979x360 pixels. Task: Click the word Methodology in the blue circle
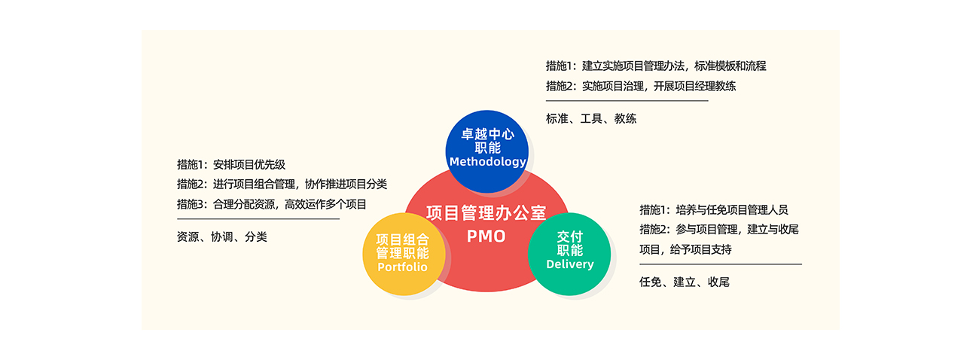tap(487, 162)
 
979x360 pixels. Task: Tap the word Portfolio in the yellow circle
tap(402, 267)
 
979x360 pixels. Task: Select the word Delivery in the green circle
tap(569, 264)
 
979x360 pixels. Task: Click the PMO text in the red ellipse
tap(486, 236)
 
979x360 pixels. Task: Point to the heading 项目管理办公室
tap(486, 213)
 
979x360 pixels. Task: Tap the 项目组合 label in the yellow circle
tap(402, 239)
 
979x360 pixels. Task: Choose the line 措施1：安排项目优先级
tap(231, 164)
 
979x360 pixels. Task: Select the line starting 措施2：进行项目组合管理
tap(282, 184)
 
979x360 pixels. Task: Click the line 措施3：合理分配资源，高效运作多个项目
tap(271, 203)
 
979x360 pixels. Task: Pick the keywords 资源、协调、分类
tap(222, 236)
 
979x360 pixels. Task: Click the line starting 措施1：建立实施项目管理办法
tap(656, 66)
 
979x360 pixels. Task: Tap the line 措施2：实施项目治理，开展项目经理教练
tap(641, 86)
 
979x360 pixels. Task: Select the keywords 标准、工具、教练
tap(591, 118)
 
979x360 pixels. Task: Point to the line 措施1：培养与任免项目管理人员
tap(714, 210)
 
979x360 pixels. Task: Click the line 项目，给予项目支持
tap(685, 249)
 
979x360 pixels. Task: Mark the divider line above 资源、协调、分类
tap(258, 219)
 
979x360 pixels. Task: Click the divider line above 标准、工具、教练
tap(627, 101)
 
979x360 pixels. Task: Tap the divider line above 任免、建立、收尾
tap(721, 264)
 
